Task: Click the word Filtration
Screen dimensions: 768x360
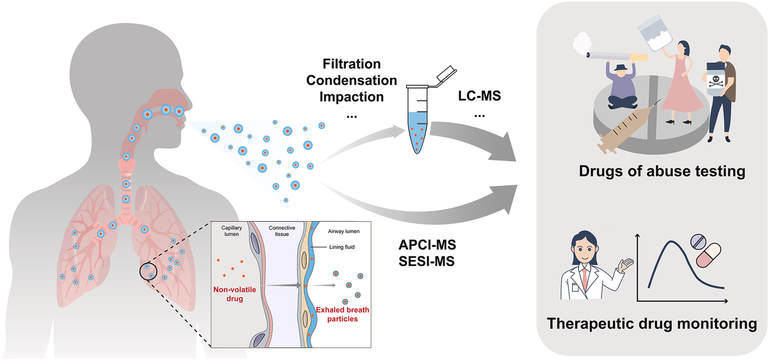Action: point(351,64)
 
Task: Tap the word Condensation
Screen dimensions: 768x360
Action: point(351,80)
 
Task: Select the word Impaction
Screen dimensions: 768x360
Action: point(351,97)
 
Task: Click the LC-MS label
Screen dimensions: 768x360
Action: point(479,96)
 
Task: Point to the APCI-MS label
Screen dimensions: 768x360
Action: point(427,245)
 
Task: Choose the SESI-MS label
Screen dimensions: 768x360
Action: point(426,261)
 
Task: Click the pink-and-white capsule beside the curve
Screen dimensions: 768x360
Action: point(709,255)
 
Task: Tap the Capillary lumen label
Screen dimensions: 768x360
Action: point(231,231)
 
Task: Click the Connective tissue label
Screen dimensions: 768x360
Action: point(282,231)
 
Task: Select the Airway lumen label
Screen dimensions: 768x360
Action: point(344,231)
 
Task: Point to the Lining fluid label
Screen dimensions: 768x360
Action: point(342,247)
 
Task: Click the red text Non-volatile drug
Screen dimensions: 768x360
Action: point(235,294)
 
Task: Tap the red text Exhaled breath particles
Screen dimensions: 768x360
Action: point(342,314)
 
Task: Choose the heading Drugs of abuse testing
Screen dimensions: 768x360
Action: point(662,171)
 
